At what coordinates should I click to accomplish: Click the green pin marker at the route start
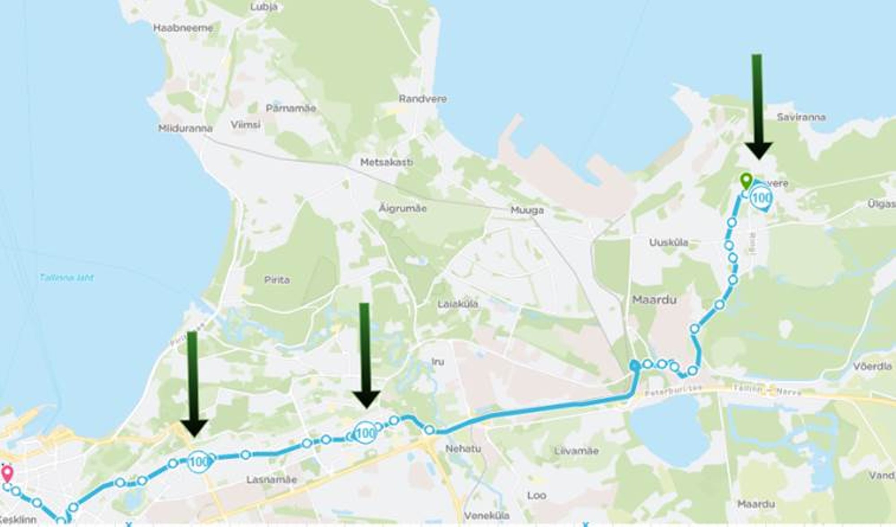tap(746, 181)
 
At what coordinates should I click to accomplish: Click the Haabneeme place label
tap(183, 28)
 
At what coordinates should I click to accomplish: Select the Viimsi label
tap(246, 124)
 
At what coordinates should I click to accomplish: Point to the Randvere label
tap(422, 99)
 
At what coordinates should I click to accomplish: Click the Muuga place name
tap(527, 210)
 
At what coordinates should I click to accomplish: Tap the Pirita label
tap(277, 280)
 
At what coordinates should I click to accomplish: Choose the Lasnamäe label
tap(271, 480)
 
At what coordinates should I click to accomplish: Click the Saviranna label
tap(801, 117)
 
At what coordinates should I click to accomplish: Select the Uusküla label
tap(668, 242)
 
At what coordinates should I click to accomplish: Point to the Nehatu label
tap(463, 448)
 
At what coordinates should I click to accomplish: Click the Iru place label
tap(438, 362)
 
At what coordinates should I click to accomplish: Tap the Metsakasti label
tap(387, 162)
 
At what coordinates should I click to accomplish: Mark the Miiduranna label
tap(185, 129)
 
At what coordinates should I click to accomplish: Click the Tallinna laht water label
tap(67, 278)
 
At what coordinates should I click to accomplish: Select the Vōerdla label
tap(872, 366)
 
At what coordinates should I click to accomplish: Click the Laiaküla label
tap(457, 304)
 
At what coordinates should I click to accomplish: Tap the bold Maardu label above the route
tap(654, 300)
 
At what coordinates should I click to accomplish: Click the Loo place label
tap(536, 495)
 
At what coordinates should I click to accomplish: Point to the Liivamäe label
tap(576, 451)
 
